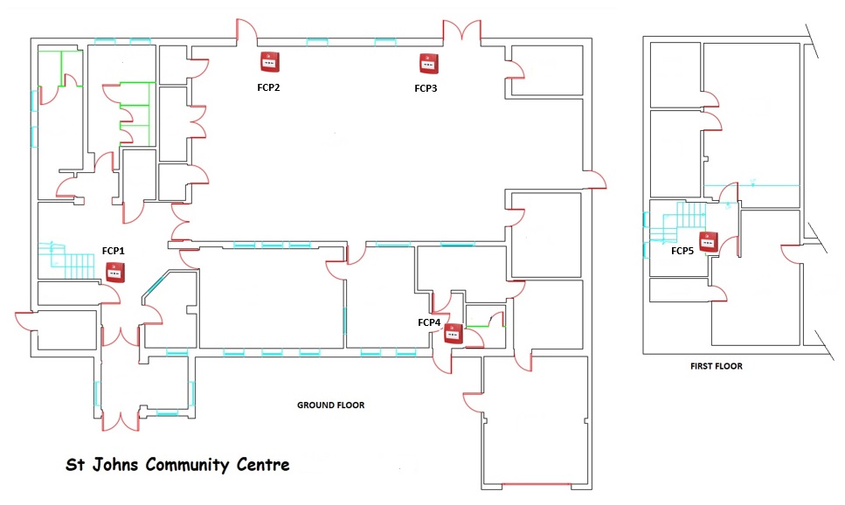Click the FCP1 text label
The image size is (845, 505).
pos(114,251)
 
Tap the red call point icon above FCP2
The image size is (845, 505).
pos(270,62)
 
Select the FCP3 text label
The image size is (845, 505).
pos(426,88)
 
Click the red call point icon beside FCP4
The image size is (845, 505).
pos(454,334)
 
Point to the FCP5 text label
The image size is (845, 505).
pos(682,251)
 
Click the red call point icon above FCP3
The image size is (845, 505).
pos(429,64)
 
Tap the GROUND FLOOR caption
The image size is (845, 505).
pos(331,405)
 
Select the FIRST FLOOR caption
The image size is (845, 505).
pos(717,366)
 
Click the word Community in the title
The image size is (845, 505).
pos(187,465)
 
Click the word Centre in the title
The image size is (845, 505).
pos(263,464)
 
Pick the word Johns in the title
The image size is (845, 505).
pos(115,464)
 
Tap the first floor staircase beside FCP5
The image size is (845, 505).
pos(675,222)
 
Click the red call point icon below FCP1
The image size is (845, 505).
pos(115,273)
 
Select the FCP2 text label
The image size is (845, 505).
pos(268,87)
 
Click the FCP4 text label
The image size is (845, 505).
pos(429,322)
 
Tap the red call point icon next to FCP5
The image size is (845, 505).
pos(709,242)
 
